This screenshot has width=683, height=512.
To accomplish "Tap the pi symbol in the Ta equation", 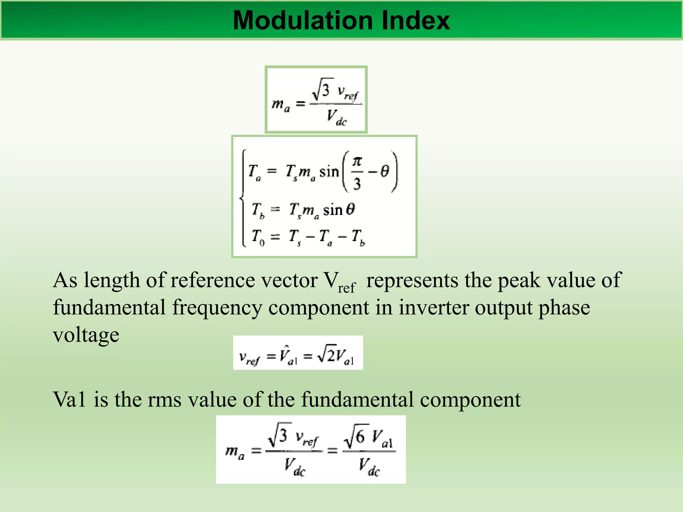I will coord(357,162).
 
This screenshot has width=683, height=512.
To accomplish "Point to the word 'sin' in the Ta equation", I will coord(329,172).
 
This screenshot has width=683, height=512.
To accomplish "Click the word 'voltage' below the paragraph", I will coord(86,335).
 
